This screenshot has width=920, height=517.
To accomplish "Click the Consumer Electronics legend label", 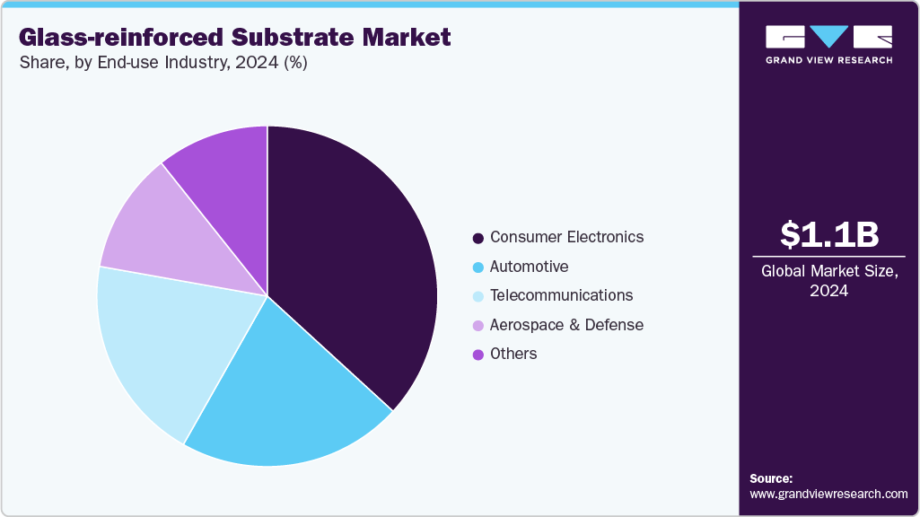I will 566,238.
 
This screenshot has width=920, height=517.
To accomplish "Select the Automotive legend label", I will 529,267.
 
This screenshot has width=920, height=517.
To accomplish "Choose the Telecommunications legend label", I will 561,295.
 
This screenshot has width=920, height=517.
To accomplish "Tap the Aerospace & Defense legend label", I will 566,325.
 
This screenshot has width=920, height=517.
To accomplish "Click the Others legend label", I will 513,354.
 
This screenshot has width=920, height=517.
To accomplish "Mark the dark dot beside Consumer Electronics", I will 478,239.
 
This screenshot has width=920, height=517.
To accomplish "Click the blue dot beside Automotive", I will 478,267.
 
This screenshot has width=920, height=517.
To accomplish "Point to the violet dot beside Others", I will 478,355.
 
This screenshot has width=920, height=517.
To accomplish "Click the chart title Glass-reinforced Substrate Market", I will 234,38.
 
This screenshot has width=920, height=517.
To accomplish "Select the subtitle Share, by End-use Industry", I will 162,63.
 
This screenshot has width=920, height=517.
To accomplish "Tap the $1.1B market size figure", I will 828,234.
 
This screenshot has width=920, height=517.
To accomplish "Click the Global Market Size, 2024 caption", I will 828,281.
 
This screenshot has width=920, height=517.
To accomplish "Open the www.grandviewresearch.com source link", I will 828,494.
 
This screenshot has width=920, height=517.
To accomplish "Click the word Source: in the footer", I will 771,478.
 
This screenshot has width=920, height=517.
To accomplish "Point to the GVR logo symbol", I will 828,37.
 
